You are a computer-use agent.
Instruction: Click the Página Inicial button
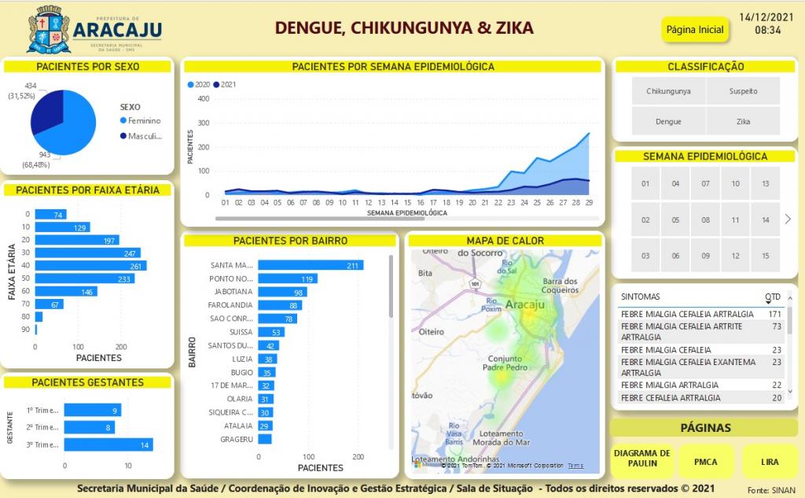click(695, 30)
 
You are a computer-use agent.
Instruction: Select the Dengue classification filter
click(668, 122)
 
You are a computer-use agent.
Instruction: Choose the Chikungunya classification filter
click(668, 91)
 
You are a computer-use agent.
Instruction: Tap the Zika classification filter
click(743, 122)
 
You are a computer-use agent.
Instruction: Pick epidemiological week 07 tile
click(705, 184)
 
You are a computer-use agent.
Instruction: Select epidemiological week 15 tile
click(765, 256)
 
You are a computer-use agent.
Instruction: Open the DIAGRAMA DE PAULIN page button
click(642, 458)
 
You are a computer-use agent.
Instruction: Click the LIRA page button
click(770, 462)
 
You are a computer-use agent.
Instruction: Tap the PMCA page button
click(706, 462)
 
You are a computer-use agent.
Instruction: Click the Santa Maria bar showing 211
click(311, 265)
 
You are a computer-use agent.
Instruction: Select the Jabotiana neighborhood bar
click(282, 292)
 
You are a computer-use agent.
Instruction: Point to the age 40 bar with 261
click(90, 266)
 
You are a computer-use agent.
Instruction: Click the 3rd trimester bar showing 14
click(108, 445)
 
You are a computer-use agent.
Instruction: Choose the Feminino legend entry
click(144, 120)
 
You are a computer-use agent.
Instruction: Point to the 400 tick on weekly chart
click(203, 98)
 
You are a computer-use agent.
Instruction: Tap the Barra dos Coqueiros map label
click(561, 286)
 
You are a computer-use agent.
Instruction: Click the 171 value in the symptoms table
click(774, 314)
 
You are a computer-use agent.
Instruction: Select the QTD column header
click(773, 297)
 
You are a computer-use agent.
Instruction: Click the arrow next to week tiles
click(788, 219)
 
